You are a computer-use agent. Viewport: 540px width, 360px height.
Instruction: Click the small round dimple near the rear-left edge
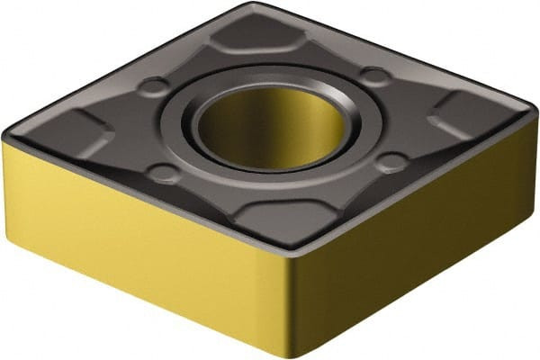coord(156,87)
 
